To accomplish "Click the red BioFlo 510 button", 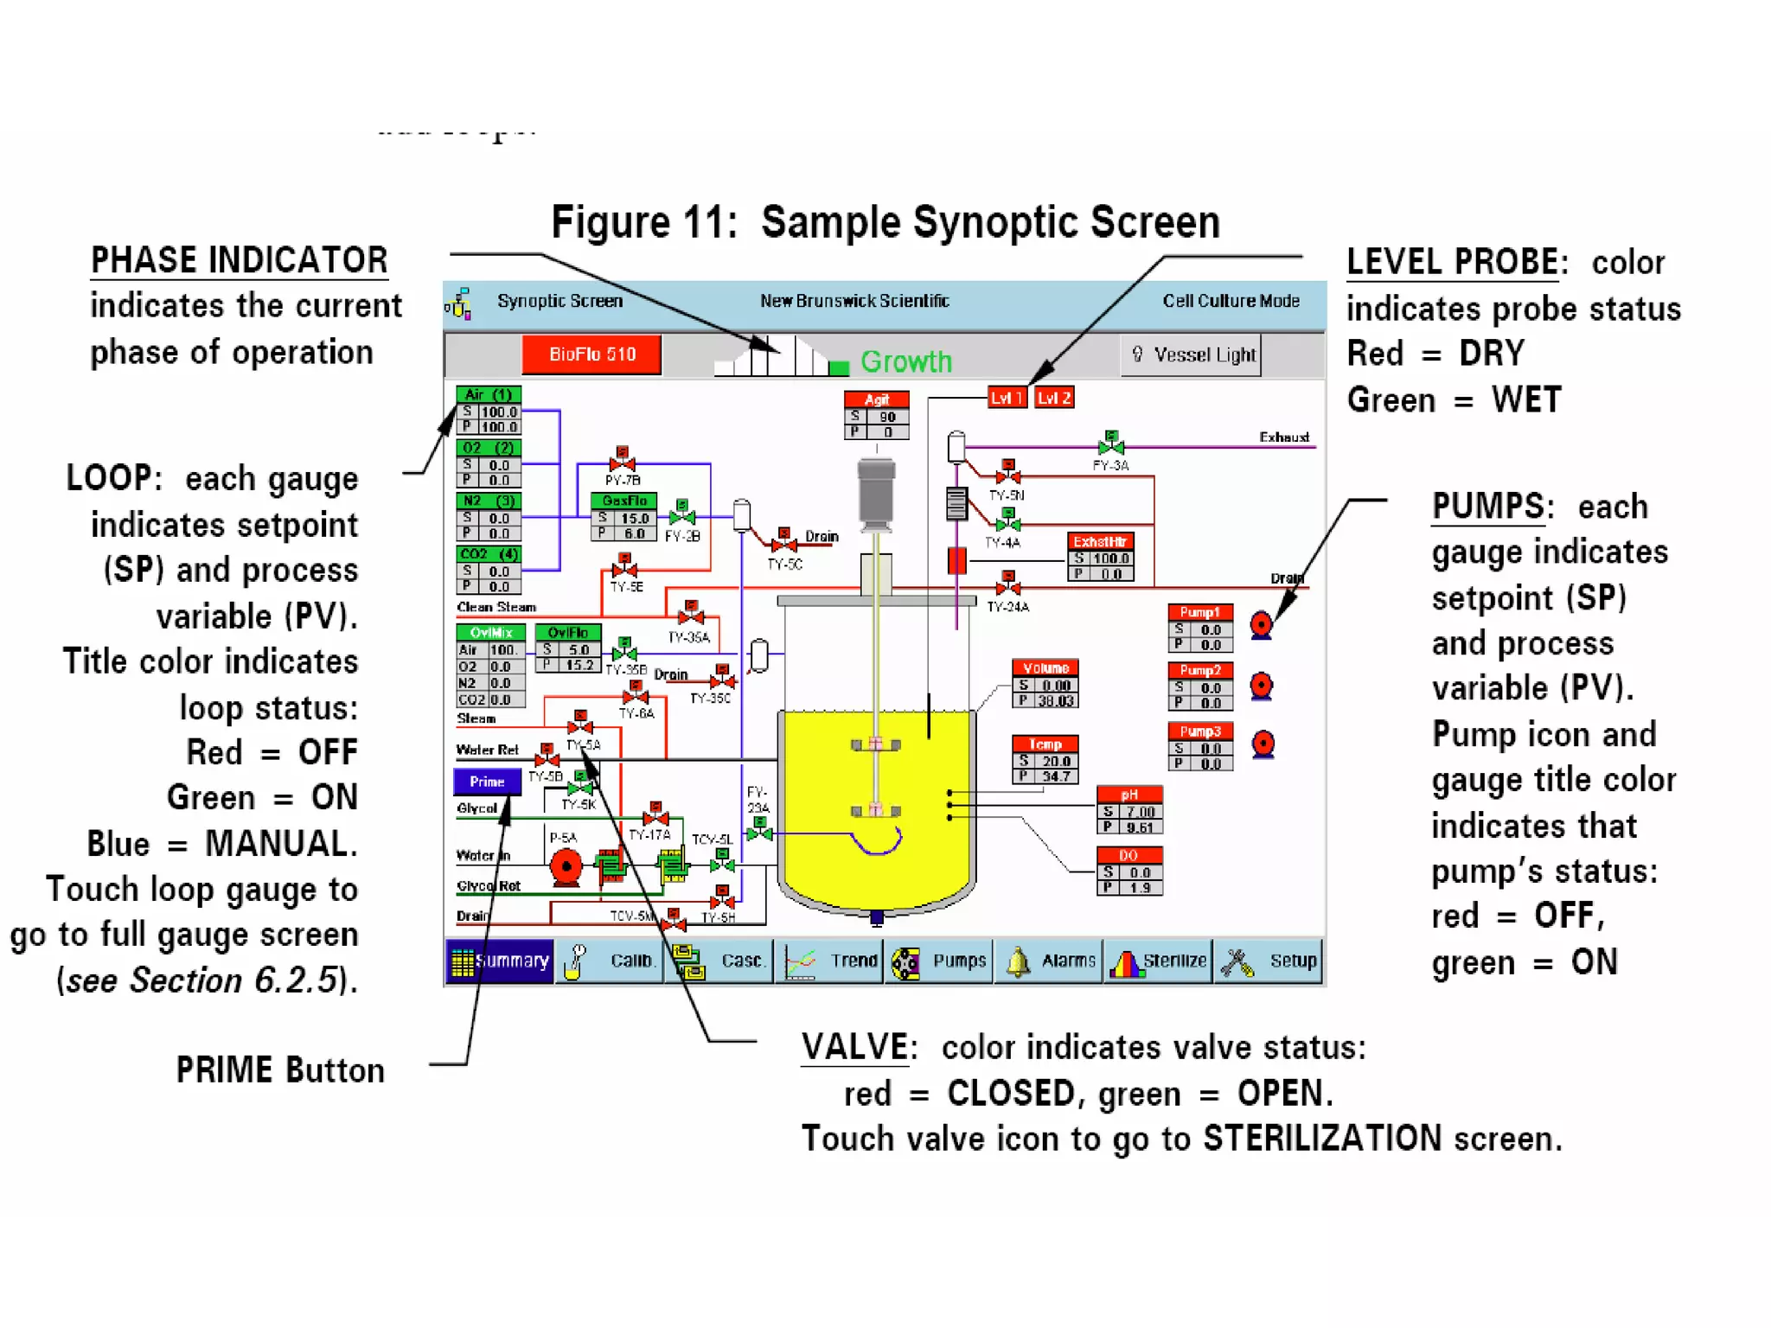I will (591, 354).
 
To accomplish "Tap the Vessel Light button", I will (1194, 354).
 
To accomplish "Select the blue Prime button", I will (487, 782).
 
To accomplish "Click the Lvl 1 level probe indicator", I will (1007, 398).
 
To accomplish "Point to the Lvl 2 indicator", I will (1054, 398).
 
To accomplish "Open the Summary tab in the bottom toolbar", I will (500, 961).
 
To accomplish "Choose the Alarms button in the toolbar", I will (1049, 961).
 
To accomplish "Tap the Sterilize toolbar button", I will (1159, 961).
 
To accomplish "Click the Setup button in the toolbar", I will (1269, 961).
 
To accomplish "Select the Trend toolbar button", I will (829, 961).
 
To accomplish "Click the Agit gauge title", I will (876, 399).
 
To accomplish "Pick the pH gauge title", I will (1129, 795).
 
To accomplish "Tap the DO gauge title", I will (1129, 855).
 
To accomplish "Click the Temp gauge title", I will (1045, 744).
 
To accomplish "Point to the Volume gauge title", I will (1045, 668).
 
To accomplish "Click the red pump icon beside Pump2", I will (1262, 686).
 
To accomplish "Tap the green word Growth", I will (906, 361).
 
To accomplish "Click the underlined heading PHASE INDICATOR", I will (240, 260).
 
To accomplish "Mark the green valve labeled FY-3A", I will (1111, 445).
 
